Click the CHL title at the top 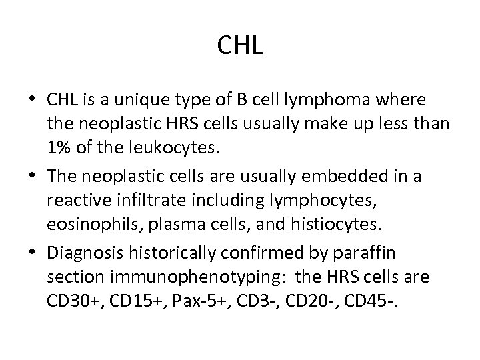click(x=240, y=46)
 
